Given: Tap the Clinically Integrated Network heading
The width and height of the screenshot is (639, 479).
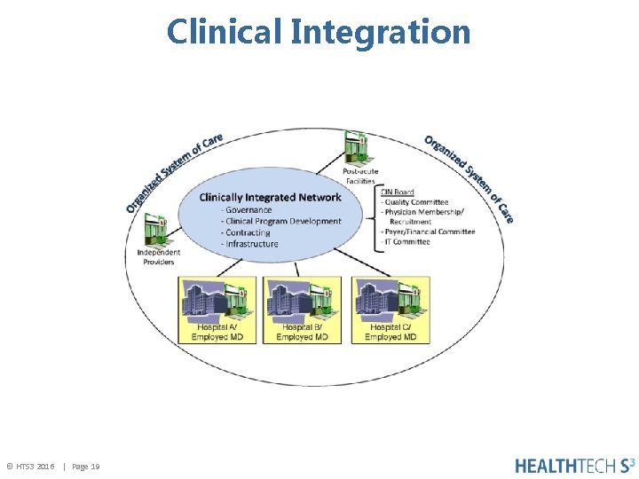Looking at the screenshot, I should coord(270,197).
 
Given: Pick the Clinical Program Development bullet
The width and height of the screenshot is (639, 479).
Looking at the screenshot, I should coord(281,221).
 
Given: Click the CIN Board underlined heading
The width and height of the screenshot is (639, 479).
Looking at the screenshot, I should coord(397,192).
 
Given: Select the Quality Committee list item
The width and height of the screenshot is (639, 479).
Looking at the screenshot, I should coord(415,202).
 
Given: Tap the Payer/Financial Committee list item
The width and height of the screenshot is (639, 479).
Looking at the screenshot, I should coord(428,232).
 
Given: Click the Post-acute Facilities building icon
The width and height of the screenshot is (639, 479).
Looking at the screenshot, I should coord(358,148).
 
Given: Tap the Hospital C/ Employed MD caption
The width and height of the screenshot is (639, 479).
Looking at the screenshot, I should coord(390,333).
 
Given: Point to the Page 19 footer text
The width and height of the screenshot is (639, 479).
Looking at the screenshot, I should coord(86,466).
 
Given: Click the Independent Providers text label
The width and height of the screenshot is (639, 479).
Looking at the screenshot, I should coord(156,257).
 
